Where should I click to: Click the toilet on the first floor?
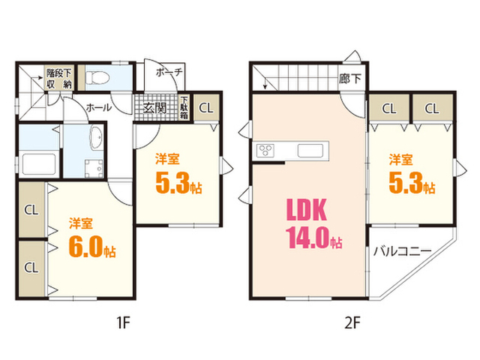97,78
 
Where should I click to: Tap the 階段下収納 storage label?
58,79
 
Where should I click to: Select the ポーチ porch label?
169,72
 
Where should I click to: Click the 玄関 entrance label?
154,108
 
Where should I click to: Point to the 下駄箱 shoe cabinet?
184,107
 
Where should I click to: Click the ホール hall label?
98,107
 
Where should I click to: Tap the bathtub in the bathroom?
39,164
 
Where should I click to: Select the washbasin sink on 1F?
97,138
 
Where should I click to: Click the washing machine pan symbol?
94,168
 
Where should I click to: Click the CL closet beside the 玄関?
206,108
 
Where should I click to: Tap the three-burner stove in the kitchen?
265,151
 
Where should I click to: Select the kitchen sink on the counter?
310,151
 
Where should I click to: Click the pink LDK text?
307,210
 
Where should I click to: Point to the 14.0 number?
307,237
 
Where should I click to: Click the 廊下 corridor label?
350,79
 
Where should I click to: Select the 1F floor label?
124,322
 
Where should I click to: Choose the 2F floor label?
352,322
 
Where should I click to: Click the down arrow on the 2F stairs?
265,83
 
